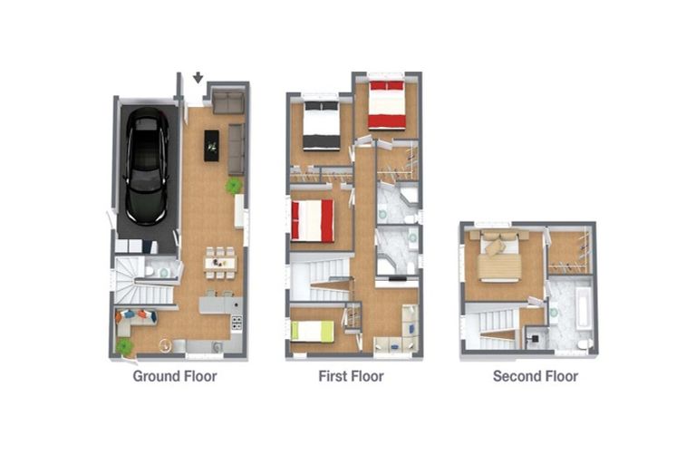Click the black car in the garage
click(x=146, y=167)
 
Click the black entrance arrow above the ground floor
click(x=198, y=79)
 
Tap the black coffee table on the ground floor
click(x=212, y=144)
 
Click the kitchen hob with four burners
click(x=237, y=323)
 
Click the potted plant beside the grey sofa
click(x=235, y=186)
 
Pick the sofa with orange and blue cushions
click(x=134, y=319)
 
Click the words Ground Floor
click(x=175, y=376)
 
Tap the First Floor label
click(x=351, y=376)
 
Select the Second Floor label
click(x=535, y=376)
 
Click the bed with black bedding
click(x=321, y=125)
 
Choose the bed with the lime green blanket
click(x=313, y=331)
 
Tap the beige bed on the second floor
click(x=497, y=256)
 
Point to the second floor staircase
click(x=494, y=326)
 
